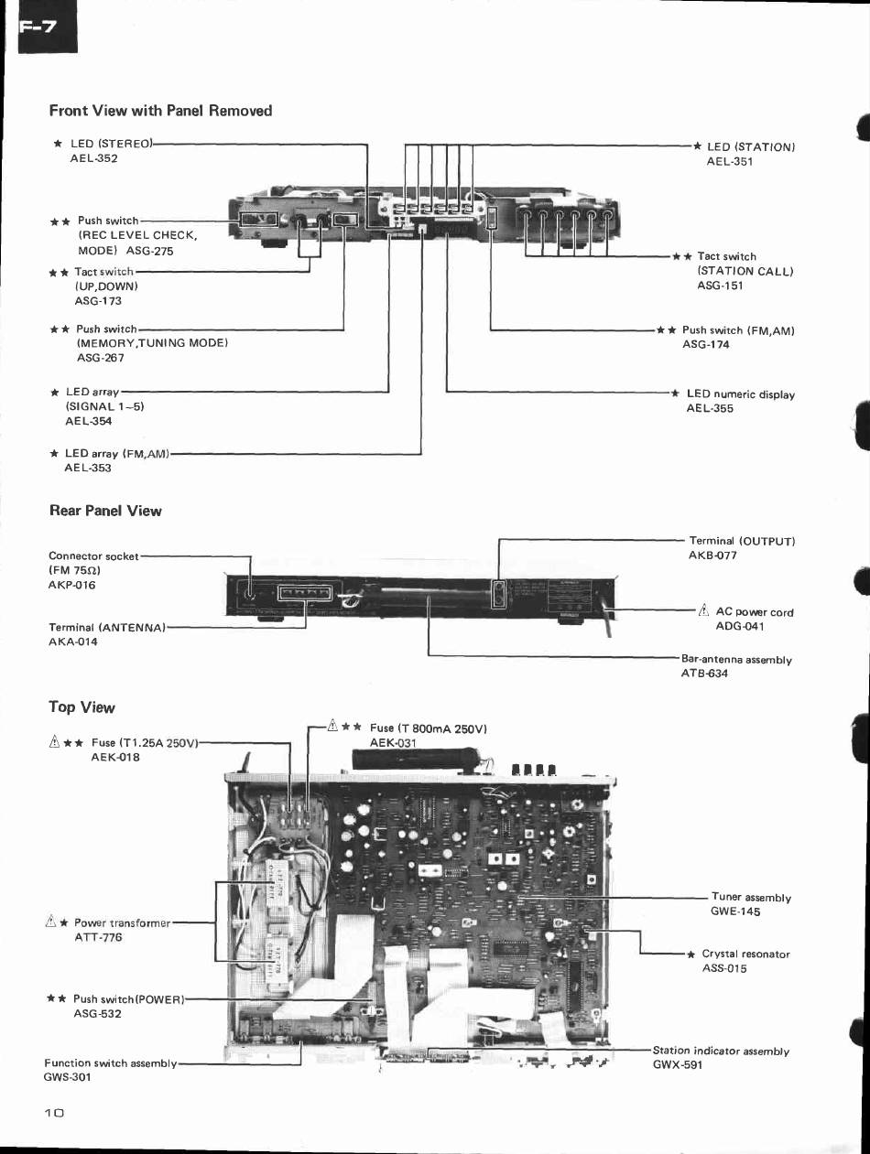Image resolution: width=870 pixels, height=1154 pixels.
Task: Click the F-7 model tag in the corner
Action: tap(37, 27)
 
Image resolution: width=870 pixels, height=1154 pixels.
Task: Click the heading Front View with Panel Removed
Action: tap(160, 111)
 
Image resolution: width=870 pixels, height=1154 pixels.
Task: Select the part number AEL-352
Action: tap(93, 158)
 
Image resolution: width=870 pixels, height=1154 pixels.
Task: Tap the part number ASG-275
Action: tap(149, 251)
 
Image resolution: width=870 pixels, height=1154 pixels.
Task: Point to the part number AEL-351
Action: tap(730, 161)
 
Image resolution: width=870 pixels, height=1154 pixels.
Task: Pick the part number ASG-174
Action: tap(705, 344)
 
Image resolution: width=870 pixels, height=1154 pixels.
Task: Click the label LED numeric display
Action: tap(741, 394)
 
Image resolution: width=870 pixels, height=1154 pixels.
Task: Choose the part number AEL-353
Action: tap(88, 468)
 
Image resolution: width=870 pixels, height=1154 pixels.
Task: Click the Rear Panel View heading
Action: tap(105, 511)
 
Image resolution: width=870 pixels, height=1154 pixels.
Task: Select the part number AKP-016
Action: tap(71, 585)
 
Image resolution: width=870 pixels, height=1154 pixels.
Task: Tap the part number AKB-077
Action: tap(712, 555)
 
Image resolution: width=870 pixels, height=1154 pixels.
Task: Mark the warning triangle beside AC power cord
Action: tap(704, 610)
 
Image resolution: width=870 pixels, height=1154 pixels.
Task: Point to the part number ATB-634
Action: tap(704, 673)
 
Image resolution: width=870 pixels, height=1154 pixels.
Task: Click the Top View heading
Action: tap(82, 707)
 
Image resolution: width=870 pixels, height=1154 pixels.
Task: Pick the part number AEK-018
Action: tap(115, 757)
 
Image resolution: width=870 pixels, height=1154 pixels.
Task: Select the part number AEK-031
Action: tap(393, 743)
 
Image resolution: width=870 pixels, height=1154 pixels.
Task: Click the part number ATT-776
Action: tap(98, 937)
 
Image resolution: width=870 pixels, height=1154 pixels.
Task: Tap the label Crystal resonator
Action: tap(745, 954)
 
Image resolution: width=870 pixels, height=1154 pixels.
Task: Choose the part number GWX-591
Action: tap(677, 1064)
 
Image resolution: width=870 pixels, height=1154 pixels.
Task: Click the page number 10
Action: tap(54, 1113)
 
